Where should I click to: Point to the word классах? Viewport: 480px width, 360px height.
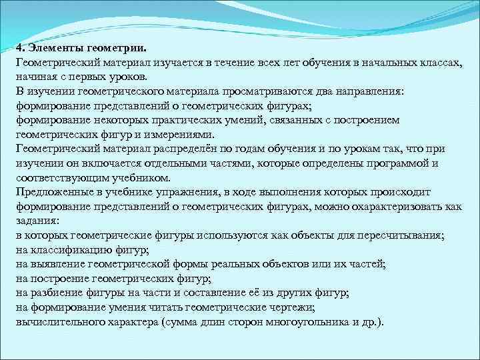(x=435, y=62)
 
